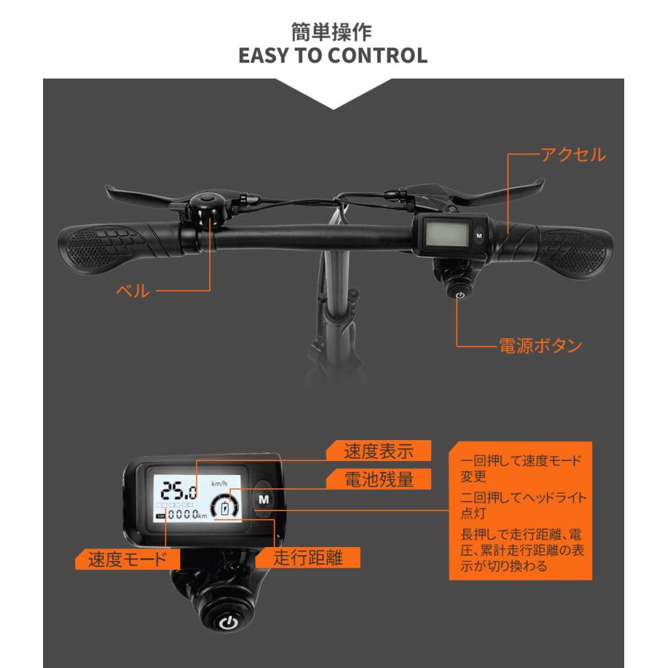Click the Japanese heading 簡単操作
tap(334, 33)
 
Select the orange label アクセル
tap(572, 155)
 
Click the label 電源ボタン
tap(539, 344)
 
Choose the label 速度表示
tap(377, 451)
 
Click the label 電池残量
tap(377, 479)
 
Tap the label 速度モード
tap(128, 558)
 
